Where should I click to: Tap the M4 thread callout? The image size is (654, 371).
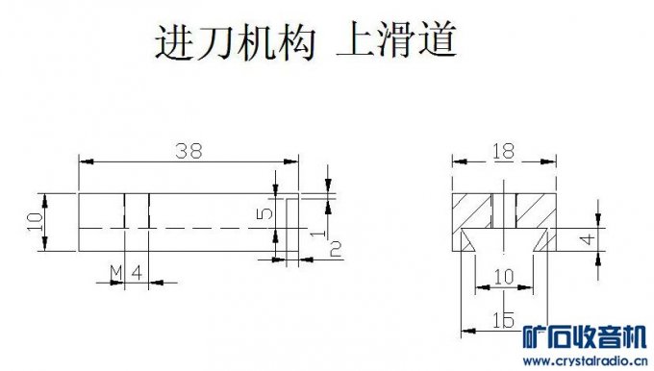tap(126, 273)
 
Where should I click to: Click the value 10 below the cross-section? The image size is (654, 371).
tap(502, 277)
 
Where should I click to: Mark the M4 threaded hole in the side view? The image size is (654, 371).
tap(138, 222)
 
